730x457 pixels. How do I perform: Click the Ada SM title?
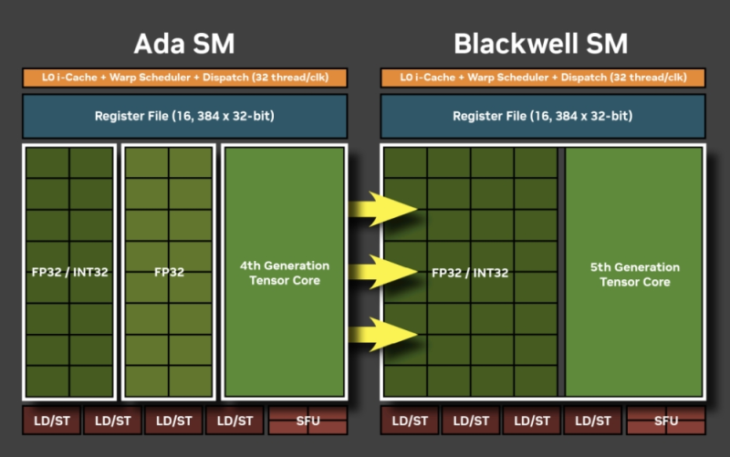[184, 43]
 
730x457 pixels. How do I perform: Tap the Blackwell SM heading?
[541, 43]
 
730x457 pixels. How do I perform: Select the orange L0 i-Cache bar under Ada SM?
[184, 78]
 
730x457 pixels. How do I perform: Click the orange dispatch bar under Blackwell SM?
[543, 78]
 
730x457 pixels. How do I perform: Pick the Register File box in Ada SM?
[184, 117]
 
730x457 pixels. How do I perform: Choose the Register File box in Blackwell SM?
[543, 117]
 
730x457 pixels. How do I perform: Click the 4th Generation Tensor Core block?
[285, 273]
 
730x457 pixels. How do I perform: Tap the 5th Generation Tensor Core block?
[634, 274]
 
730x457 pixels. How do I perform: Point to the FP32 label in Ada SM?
[169, 272]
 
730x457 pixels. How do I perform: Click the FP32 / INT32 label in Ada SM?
[69, 272]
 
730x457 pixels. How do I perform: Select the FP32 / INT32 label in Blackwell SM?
[470, 272]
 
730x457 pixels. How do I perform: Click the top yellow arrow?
[381, 210]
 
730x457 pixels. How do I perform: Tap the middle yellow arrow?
[381, 271]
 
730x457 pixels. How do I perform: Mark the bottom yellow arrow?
[381, 333]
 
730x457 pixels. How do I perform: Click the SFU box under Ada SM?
[308, 421]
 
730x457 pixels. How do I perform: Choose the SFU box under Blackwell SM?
[666, 421]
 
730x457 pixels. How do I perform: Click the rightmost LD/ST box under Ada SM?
[235, 421]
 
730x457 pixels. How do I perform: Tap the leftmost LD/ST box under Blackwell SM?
[410, 421]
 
